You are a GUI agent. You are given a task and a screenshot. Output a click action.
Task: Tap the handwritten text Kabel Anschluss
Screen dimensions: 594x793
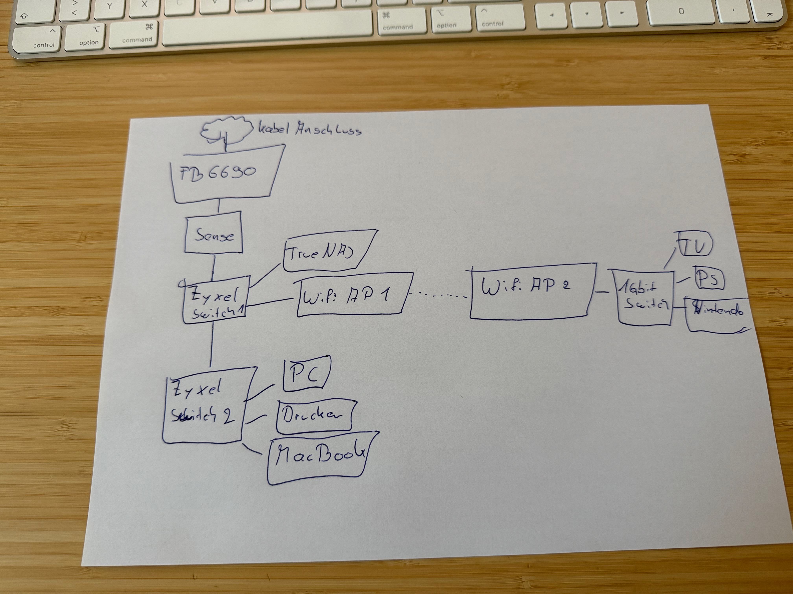pyautogui.click(x=310, y=129)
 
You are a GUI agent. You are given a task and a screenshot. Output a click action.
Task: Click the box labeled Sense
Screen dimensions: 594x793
pyautogui.click(x=214, y=233)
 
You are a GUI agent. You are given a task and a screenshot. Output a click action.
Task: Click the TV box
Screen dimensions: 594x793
pyautogui.click(x=695, y=245)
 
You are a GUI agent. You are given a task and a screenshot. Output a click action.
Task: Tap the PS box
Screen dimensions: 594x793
pyautogui.click(x=709, y=279)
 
